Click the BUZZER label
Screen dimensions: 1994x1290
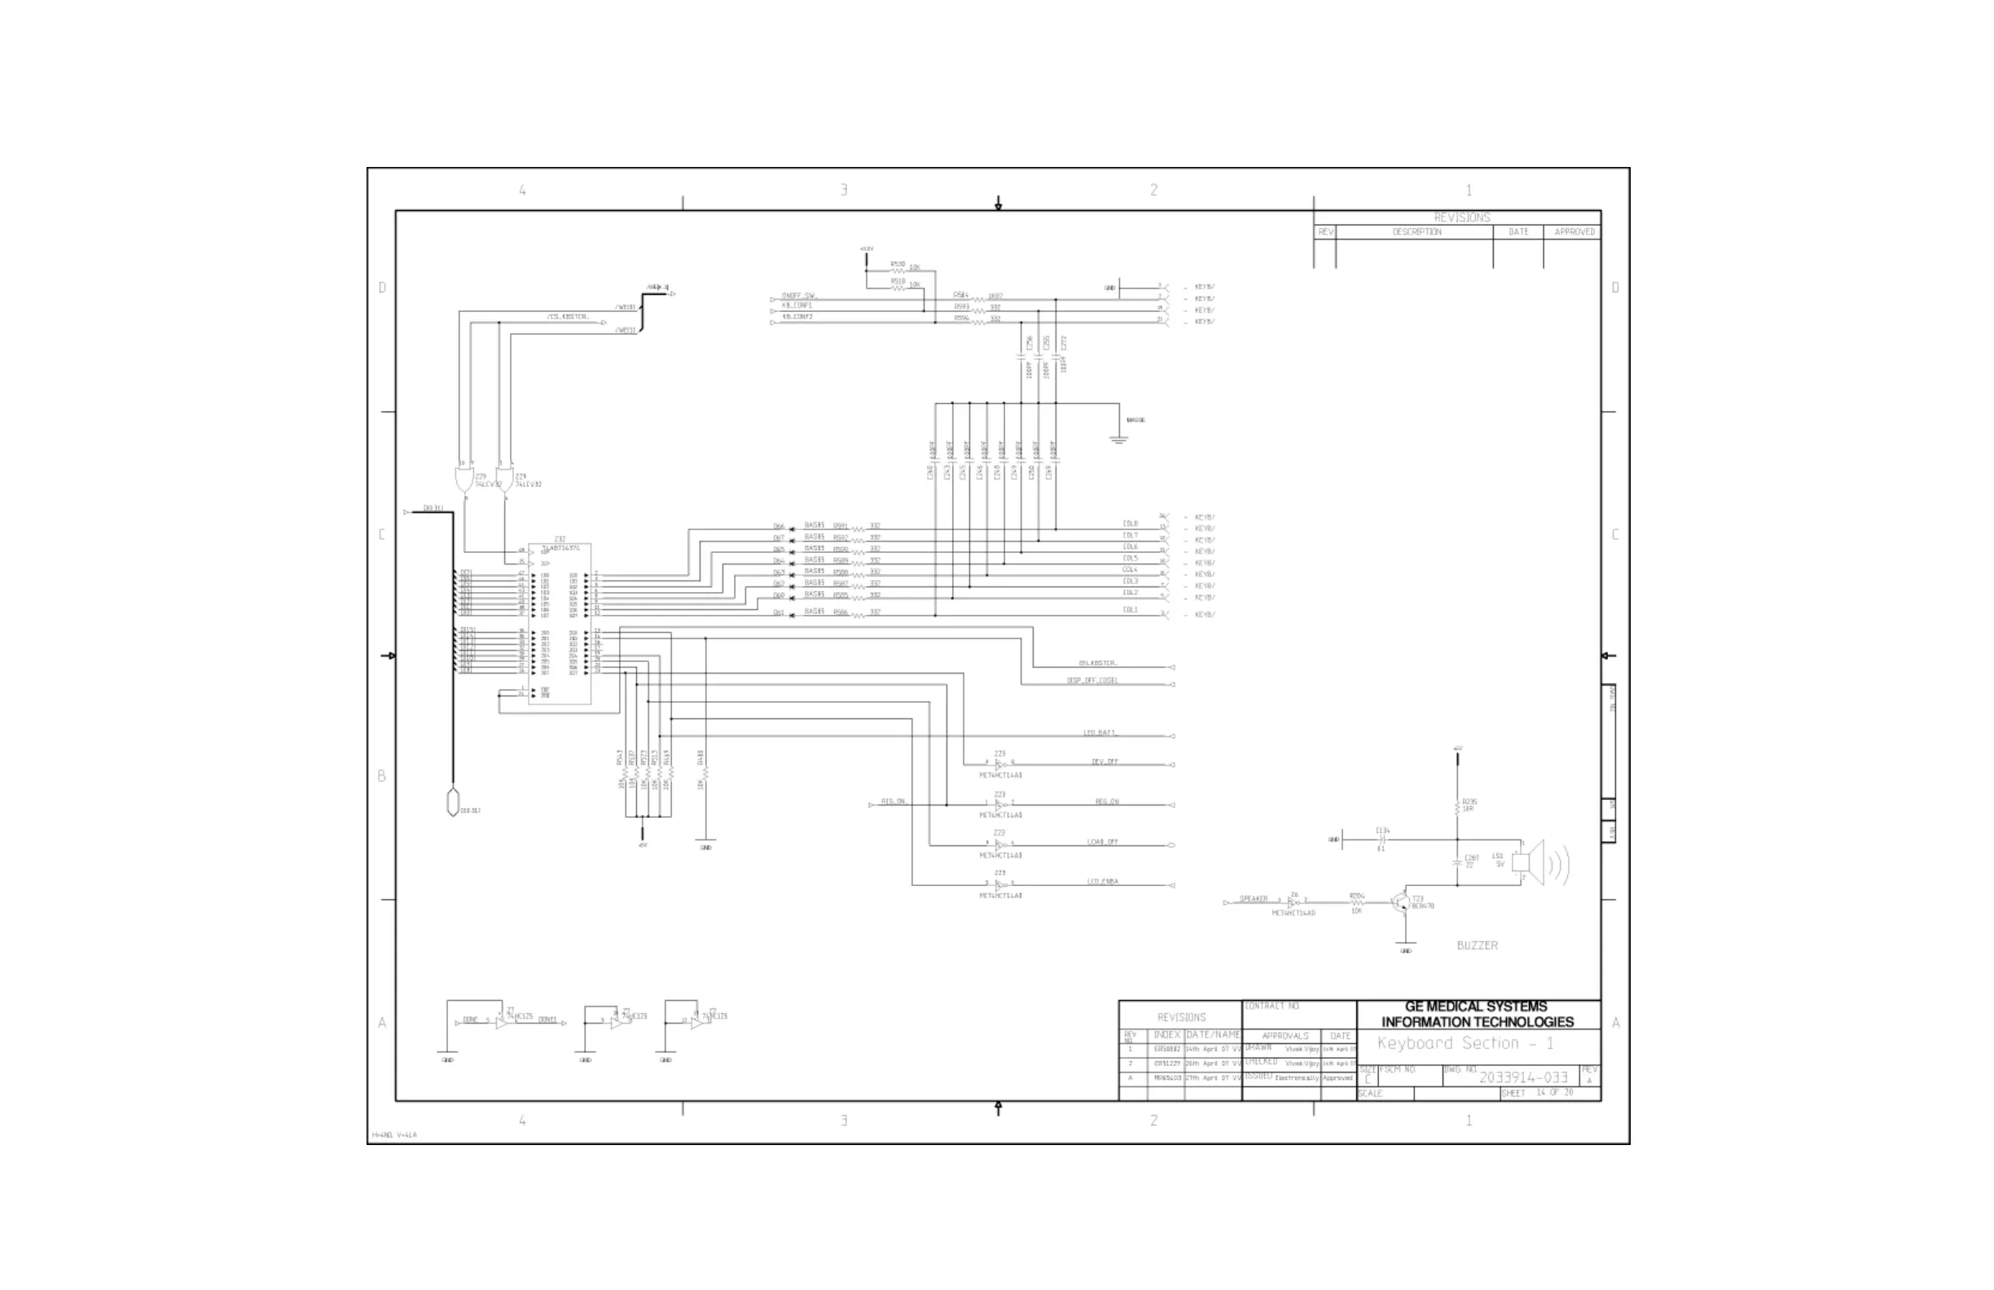tap(1477, 946)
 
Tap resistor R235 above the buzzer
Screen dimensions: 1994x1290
tap(1459, 805)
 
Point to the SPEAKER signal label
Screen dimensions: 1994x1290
tap(1254, 899)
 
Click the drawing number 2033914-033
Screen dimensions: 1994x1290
tap(1522, 1077)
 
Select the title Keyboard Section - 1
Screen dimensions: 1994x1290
tap(1465, 1044)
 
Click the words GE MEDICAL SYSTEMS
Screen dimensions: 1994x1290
tap(1476, 1007)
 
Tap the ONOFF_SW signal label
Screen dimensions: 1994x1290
tap(799, 296)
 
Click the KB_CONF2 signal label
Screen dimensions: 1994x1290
tap(797, 318)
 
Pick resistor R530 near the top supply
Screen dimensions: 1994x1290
tap(898, 265)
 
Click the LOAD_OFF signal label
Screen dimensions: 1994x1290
tap(1103, 842)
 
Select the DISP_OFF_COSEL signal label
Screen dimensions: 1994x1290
tap(1091, 680)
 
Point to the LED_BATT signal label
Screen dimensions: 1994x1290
tap(1099, 733)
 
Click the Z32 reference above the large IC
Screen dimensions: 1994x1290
tap(560, 539)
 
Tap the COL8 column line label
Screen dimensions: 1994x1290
tap(1131, 524)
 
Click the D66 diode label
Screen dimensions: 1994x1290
tap(779, 527)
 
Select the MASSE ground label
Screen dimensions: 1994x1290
tap(1135, 420)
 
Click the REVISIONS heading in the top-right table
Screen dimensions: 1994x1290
tap(1462, 217)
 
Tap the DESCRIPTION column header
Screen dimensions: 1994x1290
tap(1416, 232)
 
